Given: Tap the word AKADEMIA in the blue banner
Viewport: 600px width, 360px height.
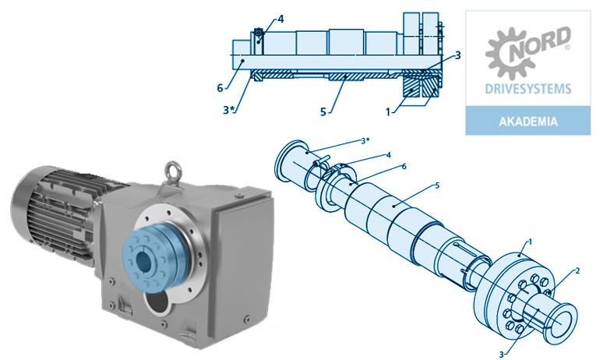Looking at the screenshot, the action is click(x=528, y=122).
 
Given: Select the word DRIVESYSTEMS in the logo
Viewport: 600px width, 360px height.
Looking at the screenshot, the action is click(x=528, y=89).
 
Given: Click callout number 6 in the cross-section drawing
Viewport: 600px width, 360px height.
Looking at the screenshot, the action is click(x=220, y=88).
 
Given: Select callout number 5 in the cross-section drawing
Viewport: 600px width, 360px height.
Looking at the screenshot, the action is click(x=323, y=111).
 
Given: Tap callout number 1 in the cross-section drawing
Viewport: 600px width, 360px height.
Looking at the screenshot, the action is click(x=388, y=111).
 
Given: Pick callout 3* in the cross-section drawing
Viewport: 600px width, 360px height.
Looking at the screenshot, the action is click(x=228, y=110).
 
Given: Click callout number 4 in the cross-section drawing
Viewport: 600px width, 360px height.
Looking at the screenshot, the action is click(x=281, y=19).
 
